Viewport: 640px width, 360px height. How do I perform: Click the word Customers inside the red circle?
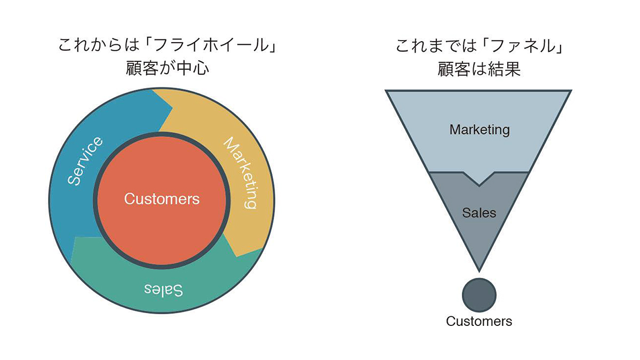162,199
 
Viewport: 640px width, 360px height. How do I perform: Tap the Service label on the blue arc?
85,161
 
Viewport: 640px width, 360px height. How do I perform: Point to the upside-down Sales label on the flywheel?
164,290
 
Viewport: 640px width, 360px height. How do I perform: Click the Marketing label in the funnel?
479,130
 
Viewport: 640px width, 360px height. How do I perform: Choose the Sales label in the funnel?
479,213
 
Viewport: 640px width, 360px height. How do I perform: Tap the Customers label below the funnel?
479,321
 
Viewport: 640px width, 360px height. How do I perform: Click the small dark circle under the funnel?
479,295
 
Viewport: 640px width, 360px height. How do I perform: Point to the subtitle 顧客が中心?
167,69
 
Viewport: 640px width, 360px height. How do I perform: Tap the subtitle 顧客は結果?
479,69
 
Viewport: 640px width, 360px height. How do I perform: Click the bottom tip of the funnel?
479,269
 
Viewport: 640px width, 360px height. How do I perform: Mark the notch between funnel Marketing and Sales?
479,185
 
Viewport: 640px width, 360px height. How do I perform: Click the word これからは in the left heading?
94,46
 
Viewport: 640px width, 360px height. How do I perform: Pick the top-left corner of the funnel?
387,91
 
